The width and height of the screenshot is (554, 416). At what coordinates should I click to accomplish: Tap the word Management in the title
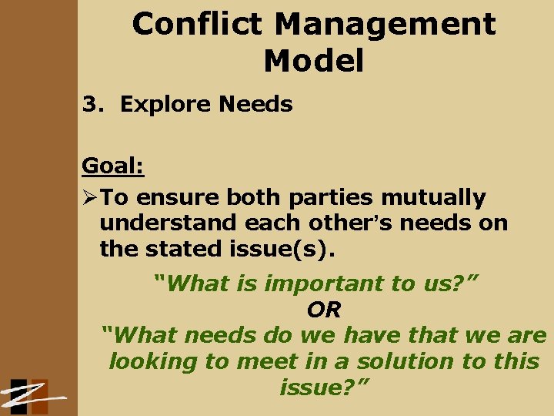coord(385,25)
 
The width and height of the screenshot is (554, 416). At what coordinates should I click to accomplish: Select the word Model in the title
coord(313,61)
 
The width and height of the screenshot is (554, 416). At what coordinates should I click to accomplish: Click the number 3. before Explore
coord(94,104)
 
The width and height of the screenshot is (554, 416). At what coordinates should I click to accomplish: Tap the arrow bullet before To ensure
coord(91,198)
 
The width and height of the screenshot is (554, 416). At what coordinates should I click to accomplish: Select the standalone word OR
coord(324,310)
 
